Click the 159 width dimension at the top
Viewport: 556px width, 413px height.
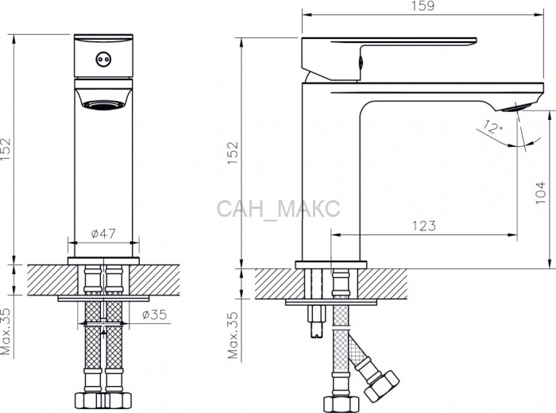click(423, 6)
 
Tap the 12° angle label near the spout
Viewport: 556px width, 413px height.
click(492, 127)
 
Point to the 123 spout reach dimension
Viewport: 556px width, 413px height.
click(424, 226)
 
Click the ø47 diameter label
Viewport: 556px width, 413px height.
click(103, 234)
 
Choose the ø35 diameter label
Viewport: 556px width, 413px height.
click(154, 314)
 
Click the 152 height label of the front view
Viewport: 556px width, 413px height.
click(6, 149)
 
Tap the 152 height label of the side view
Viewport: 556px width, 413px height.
click(233, 152)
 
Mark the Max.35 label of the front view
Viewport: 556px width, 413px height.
click(6, 331)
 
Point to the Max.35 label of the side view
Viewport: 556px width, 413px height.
click(233, 335)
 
